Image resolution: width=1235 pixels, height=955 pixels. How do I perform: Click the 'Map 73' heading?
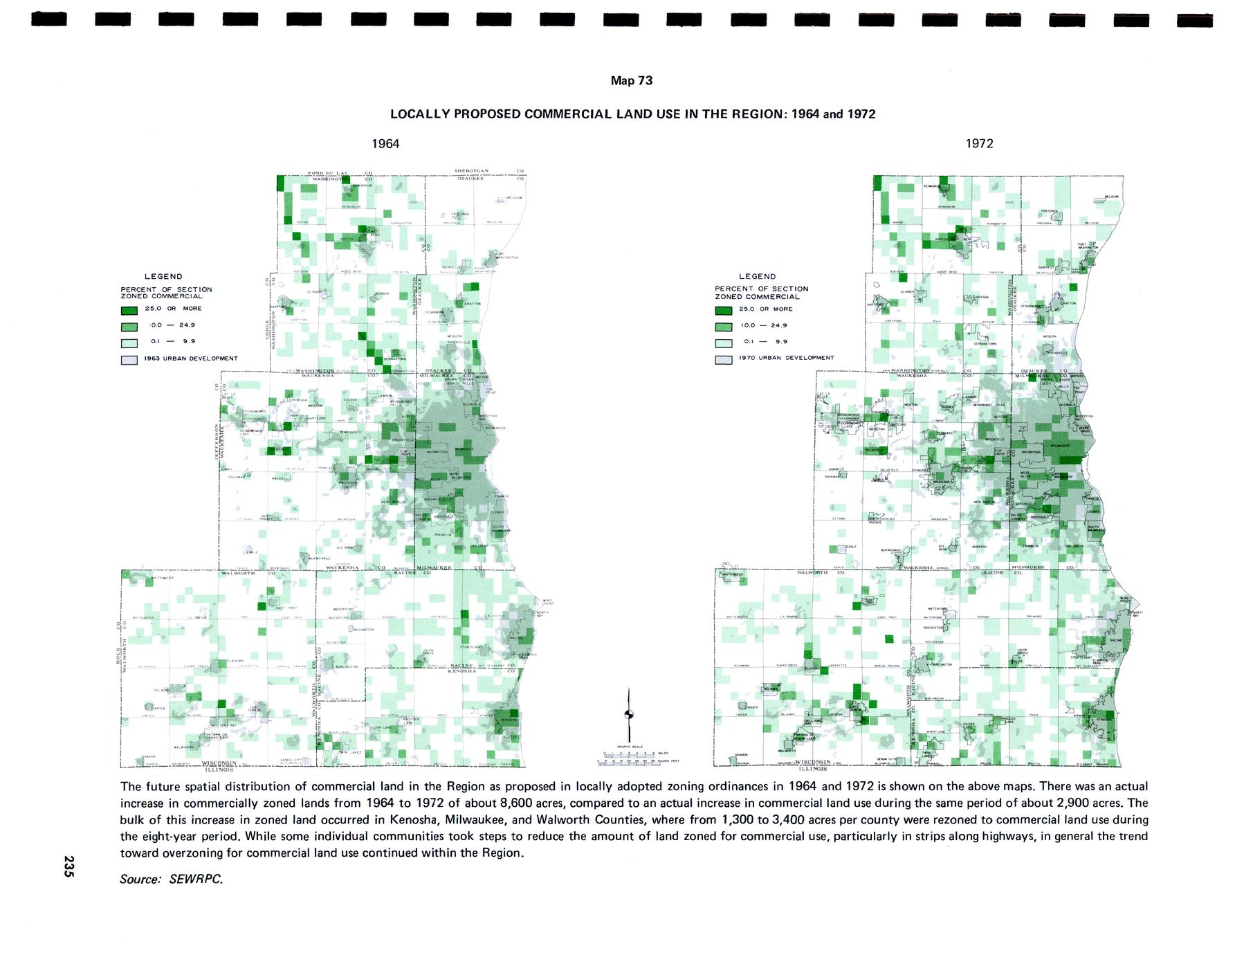pos(631,81)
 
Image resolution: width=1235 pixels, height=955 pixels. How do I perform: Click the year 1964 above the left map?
pos(385,143)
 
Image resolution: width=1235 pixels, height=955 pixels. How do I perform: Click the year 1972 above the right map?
pos(980,143)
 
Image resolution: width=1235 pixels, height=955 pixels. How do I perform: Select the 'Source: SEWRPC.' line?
pos(172,879)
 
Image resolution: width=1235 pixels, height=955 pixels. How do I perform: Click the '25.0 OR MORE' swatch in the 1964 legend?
pos(129,309)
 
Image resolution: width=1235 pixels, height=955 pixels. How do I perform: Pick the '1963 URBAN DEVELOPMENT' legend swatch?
pos(129,359)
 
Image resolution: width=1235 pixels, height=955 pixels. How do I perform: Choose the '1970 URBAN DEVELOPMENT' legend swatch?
pos(724,359)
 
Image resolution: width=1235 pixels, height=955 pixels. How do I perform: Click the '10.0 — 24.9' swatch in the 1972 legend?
pos(724,326)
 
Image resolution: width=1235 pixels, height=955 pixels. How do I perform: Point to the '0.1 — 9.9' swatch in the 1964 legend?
pos(129,343)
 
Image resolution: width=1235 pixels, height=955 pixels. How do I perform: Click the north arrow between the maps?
pos(628,713)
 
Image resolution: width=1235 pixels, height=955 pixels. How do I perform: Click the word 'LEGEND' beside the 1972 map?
pos(758,276)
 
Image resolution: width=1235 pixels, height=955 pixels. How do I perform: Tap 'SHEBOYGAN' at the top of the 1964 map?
pos(472,171)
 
